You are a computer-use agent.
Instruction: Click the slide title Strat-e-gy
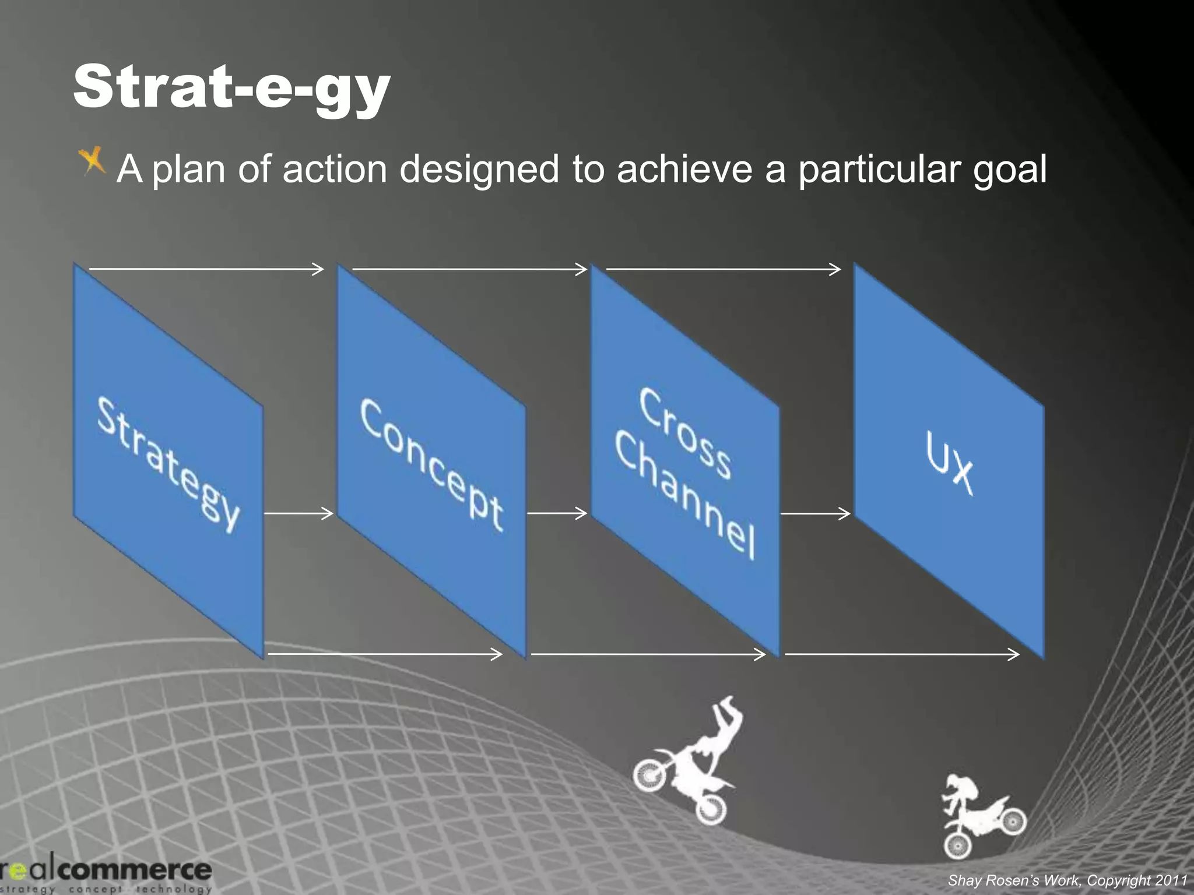[231, 87]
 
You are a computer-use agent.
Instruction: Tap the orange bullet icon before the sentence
[93, 161]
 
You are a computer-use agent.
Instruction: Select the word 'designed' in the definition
[479, 169]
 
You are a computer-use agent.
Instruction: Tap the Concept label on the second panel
[431, 464]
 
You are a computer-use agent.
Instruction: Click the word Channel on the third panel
[685, 495]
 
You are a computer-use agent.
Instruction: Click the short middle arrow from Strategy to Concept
[298, 513]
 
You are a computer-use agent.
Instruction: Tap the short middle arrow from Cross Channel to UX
[815, 514]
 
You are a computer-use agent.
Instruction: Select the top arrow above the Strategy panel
[206, 269]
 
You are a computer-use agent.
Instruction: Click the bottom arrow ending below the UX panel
[902, 654]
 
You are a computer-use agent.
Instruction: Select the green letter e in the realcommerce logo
[18, 871]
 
